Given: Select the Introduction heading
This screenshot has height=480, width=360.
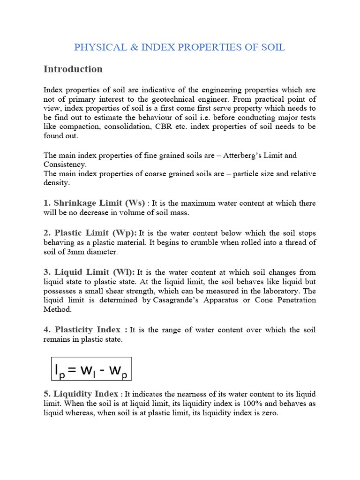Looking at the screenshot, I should click(x=73, y=69).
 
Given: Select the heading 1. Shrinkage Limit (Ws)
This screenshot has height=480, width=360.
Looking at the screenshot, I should click(x=94, y=203).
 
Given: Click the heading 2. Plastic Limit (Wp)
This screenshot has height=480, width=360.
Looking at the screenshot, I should click(x=90, y=233).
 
